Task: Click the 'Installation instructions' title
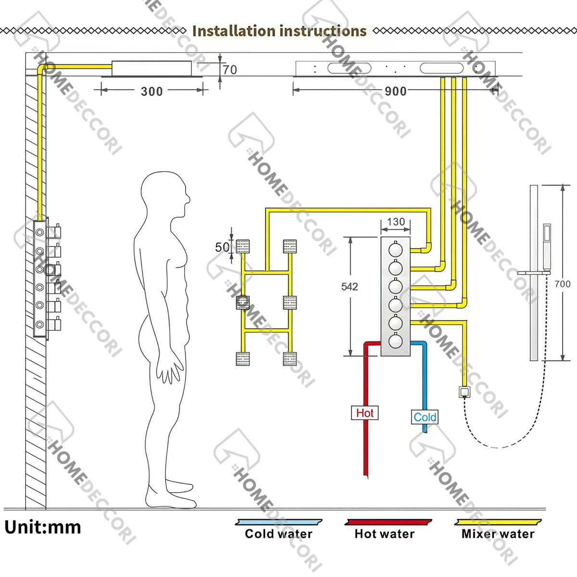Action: pos(279,31)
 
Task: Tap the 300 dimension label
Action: pos(152,91)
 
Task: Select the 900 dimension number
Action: pos(396,91)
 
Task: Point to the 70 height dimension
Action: pos(230,70)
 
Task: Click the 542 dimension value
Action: pos(350,287)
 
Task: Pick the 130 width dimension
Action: pos(396,222)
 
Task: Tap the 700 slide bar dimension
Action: pos(562,284)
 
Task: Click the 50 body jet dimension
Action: pos(222,247)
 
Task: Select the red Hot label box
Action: pos(364,413)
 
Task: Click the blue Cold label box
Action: pos(425,417)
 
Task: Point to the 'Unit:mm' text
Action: pos(43,527)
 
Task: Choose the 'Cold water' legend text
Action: pos(278,534)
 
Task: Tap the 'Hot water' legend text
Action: pos(385,534)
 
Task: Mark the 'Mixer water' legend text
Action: pos(498,534)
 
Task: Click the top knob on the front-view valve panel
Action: pos(395,249)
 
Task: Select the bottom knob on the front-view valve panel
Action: pos(395,341)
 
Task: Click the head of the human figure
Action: pos(165,194)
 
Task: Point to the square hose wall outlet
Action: pos(464,392)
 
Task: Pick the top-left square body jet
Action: pos(243,246)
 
